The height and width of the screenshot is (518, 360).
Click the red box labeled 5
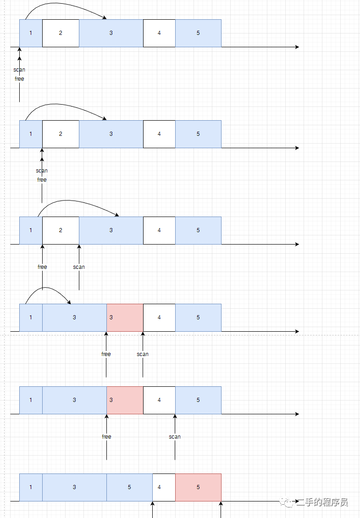(198, 487)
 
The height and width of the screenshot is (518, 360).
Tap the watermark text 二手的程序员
(322, 502)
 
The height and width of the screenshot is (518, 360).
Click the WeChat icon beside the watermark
(289, 503)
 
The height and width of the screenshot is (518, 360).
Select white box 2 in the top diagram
(61, 33)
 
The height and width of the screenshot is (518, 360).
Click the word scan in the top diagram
(19, 70)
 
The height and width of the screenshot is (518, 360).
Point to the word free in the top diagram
(19, 79)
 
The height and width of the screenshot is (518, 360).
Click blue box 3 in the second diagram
(111, 134)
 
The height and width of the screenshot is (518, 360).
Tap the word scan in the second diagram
(42, 171)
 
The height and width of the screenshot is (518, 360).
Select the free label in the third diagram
(42, 267)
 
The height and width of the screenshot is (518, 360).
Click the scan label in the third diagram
(79, 267)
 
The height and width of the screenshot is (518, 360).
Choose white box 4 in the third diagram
(159, 230)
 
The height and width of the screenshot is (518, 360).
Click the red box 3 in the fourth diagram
(125, 317)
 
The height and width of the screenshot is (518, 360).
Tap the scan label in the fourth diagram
(143, 354)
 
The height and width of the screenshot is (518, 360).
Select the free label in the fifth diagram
(106, 437)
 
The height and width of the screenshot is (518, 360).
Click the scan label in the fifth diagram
(175, 437)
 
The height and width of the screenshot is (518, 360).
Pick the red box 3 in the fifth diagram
(125, 400)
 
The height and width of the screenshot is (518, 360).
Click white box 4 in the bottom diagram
(164, 487)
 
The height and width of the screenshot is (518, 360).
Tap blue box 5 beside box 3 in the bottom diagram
(129, 487)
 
